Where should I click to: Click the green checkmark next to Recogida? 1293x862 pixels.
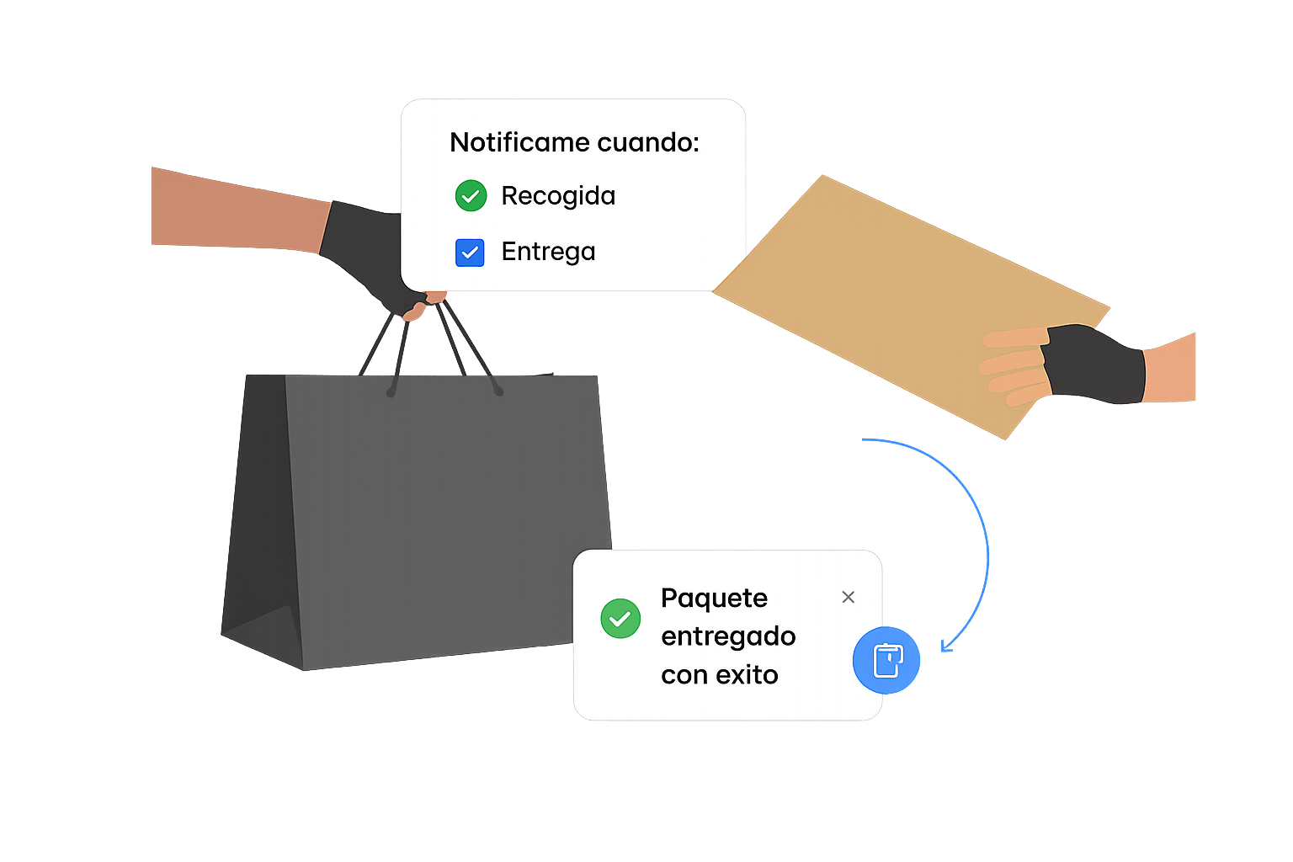tap(471, 196)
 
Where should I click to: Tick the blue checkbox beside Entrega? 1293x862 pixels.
tap(470, 253)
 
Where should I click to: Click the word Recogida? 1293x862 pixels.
tap(558, 196)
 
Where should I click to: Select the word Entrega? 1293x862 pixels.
tap(548, 252)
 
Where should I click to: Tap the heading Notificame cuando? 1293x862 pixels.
tap(574, 142)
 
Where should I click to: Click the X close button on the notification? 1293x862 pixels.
tap(848, 597)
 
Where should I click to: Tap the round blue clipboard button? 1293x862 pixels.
tap(886, 661)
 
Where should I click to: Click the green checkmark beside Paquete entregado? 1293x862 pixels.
tap(620, 619)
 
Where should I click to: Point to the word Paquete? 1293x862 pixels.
tap(714, 599)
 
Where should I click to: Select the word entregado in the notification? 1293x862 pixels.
tap(728, 636)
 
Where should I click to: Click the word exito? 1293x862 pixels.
tap(742, 675)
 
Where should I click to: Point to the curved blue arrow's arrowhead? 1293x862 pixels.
tap(946, 646)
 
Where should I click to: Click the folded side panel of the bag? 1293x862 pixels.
tap(257, 522)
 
